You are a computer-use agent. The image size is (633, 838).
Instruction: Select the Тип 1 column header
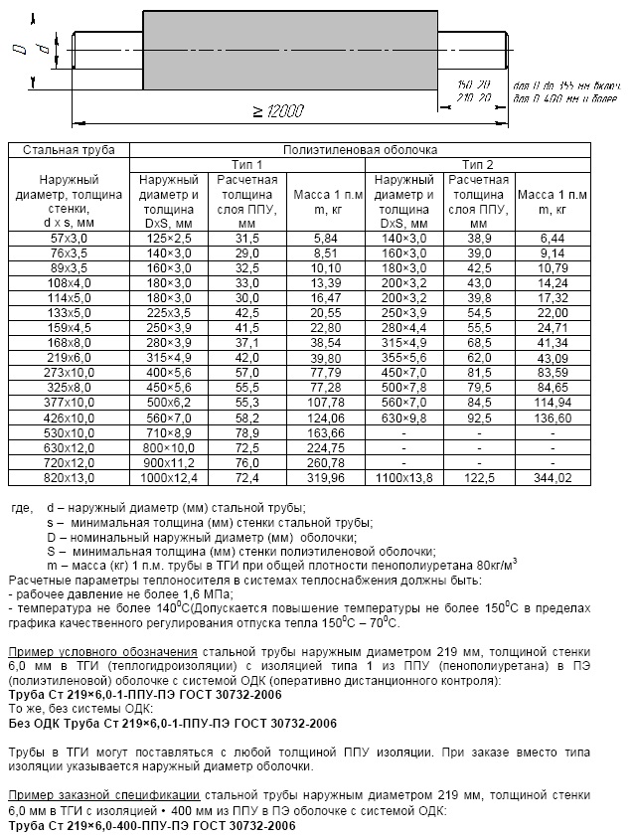coord(246,164)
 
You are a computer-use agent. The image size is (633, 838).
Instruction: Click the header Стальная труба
coord(69,150)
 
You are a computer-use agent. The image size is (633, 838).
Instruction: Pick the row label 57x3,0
coord(69,240)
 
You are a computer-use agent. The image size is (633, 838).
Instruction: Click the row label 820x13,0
coord(69,477)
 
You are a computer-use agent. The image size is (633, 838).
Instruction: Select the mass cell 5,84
coord(325,240)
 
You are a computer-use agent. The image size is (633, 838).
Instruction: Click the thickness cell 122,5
coord(477,477)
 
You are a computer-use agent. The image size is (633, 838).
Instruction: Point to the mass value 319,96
coord(325,477)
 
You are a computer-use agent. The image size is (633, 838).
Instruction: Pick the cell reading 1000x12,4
coord(170,477)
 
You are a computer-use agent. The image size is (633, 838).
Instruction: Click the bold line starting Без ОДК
coord(150,724)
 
